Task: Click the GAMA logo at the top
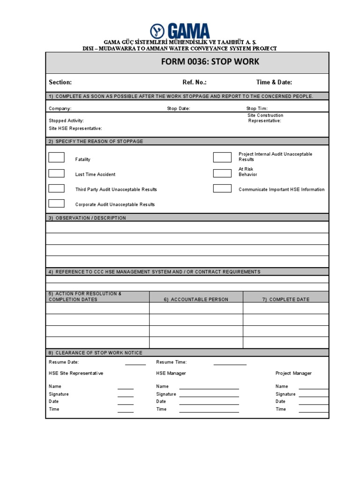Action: coord(180,31)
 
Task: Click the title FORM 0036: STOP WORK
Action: coord(210,62)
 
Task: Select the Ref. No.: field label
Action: coord(195,82)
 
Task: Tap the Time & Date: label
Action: coord(274,82)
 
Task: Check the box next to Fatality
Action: coord(56,157)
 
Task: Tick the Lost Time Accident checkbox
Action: coord(56,173)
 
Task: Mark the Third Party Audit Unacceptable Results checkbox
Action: coord(56,188)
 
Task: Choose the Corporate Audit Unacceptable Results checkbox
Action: coord(56,203)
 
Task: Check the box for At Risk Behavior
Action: coord(222,173)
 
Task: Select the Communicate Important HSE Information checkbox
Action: coord(222,188)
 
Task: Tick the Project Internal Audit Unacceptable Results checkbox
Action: coord(222,157)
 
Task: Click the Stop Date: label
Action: coord(179,108)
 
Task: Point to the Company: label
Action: coord(60,108)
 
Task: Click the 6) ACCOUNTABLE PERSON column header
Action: coord(196,299)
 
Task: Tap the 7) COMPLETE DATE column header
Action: coord(286,299)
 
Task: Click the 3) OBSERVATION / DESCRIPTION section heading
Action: coord(88,218)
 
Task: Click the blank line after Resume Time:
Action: coord(230,363)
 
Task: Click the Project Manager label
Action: coord(293,373)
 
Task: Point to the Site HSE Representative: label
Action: coord(75,128)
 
